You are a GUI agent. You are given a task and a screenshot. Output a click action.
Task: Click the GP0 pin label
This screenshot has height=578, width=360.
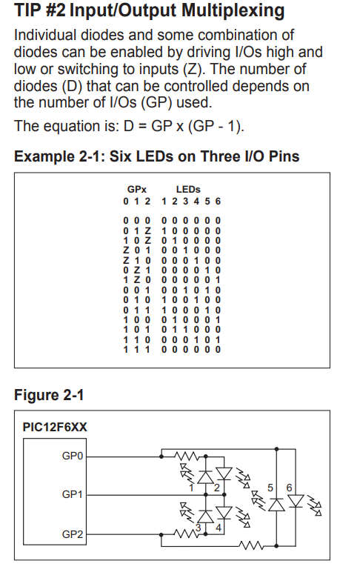coord(72,456)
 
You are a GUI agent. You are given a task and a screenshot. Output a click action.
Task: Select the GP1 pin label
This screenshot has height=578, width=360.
coord(72,494)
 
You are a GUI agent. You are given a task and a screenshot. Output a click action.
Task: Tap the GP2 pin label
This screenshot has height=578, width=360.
coord(72,534)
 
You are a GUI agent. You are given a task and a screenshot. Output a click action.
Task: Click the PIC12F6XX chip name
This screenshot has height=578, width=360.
coord(55,428)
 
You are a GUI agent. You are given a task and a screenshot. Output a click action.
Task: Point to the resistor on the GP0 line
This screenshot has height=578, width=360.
coord(187,456)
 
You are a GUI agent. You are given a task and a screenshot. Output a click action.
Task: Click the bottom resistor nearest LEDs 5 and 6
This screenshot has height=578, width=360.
coord(250,545)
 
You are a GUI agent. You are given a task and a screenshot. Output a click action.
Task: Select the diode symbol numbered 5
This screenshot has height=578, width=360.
coord(276,505)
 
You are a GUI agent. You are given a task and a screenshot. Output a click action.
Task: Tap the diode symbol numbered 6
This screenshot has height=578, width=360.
coord(296,502)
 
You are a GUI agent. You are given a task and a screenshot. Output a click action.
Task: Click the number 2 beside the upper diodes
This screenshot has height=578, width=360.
coord(216,488)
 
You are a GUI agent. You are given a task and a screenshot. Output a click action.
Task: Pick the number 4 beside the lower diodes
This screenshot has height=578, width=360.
coord(218,528)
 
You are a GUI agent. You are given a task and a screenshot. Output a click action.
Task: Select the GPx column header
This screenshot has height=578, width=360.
coord(137,190)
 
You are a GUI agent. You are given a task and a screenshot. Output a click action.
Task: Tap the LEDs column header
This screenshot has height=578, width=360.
coord(188,190)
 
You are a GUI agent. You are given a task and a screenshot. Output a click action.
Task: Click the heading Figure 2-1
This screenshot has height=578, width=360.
coord(49,395)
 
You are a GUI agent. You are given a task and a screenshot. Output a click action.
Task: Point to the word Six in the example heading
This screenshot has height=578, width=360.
coord(121,156)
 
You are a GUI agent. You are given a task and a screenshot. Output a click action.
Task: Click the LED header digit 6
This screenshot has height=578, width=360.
coord(218,202)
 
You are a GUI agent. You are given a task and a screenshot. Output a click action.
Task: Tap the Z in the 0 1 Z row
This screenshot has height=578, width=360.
coord(147,230)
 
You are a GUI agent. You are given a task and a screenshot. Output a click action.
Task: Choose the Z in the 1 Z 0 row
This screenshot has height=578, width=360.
coord(137,280)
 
